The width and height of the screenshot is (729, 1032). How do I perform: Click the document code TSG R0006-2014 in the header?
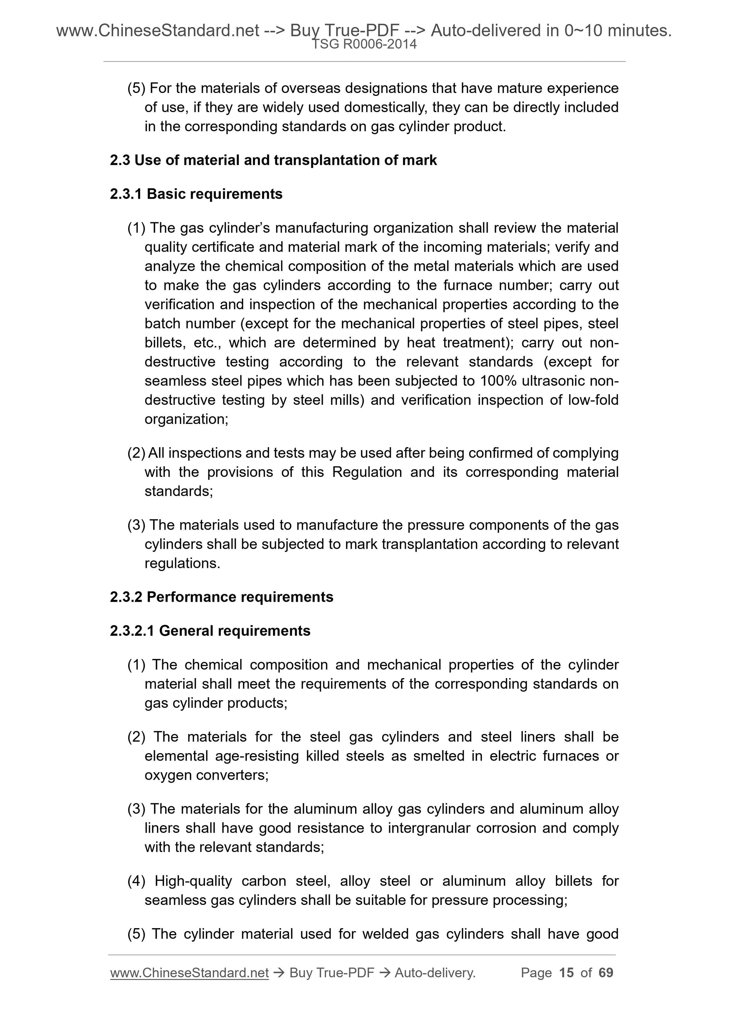(364, 44)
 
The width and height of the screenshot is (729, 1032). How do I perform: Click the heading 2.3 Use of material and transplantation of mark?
(273, 160)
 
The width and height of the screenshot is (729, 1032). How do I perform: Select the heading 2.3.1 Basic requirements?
(196, 194)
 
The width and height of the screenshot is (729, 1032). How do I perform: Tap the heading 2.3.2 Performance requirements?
(221, 597)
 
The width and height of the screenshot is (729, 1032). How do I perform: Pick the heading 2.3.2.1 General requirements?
(210, 631)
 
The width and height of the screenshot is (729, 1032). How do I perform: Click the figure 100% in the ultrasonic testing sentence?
(497, 381)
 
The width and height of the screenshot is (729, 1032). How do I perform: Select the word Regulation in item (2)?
(367, 472)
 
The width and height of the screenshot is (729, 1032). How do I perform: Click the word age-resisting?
(257, 756)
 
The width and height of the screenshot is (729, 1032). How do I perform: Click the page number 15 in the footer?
(566, 973)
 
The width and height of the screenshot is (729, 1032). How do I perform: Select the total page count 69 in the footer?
(605, 973)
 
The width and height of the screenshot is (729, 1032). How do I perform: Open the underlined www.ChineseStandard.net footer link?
(189, 973)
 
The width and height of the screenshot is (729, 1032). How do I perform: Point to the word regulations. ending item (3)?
(182, 563)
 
